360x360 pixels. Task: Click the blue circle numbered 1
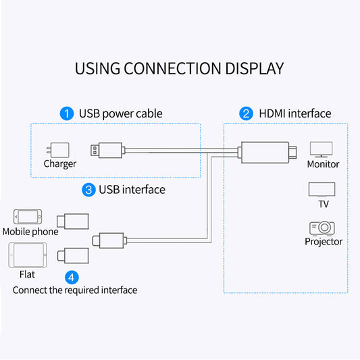pyautogui.click(x=66, y=113)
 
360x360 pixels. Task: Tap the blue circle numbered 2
pyautogui.click(x=247, y=113)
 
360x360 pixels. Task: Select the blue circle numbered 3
pyautogui.click(x=88, y=190)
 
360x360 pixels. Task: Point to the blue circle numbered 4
pyautogui.click(x=72, y=276)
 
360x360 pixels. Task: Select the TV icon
pyautogui.click(x=322, y=189)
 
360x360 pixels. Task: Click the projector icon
pyautogui.click(x=322, y=228)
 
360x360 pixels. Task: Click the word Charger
pyautogui.click(x=60, y=163)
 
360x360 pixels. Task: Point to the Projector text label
pyautogui.click(x=324, y=242)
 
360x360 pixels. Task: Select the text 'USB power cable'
pyautogui.click(x=121, y=113)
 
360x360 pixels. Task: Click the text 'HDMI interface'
pyautogui.click(x=295, y=113)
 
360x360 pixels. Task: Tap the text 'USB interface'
pyautogui.click(x=132, y=190)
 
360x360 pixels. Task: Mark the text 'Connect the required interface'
pyautogui.click(x=75, y=290)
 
